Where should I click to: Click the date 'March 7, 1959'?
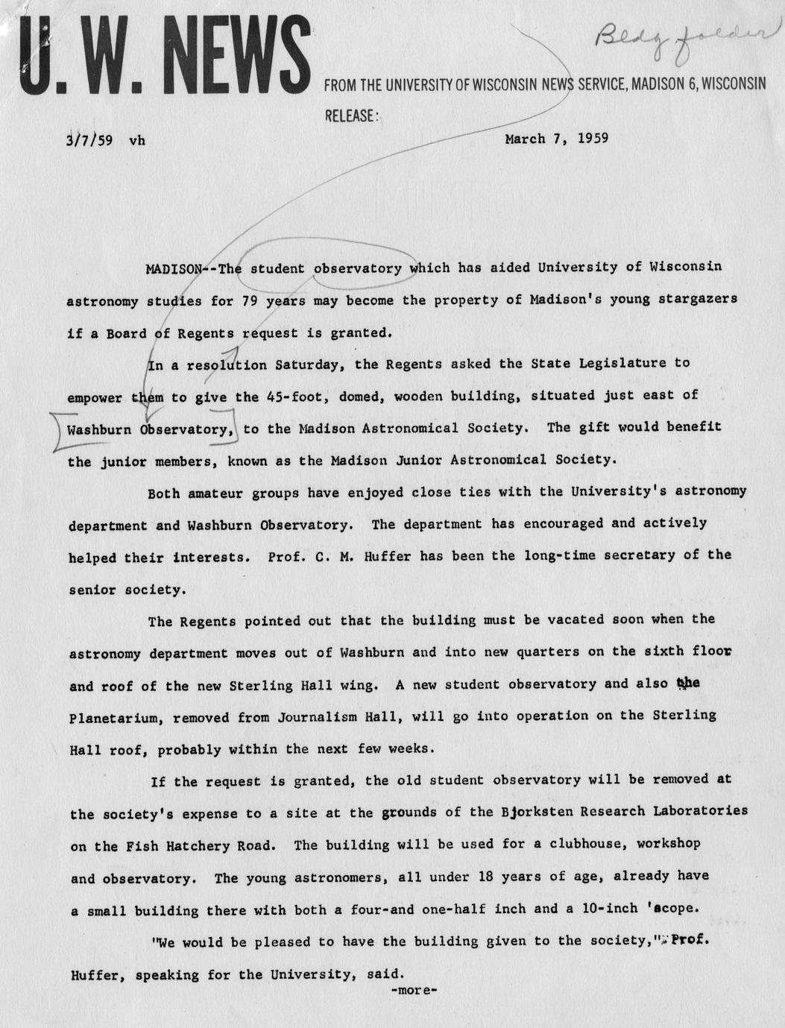(x=556, y=138)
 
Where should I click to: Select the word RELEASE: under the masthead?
(x=353, y=116)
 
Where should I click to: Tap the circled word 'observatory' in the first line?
(x=357, y=268)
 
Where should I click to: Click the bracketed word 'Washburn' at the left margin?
(x=97, y=429)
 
